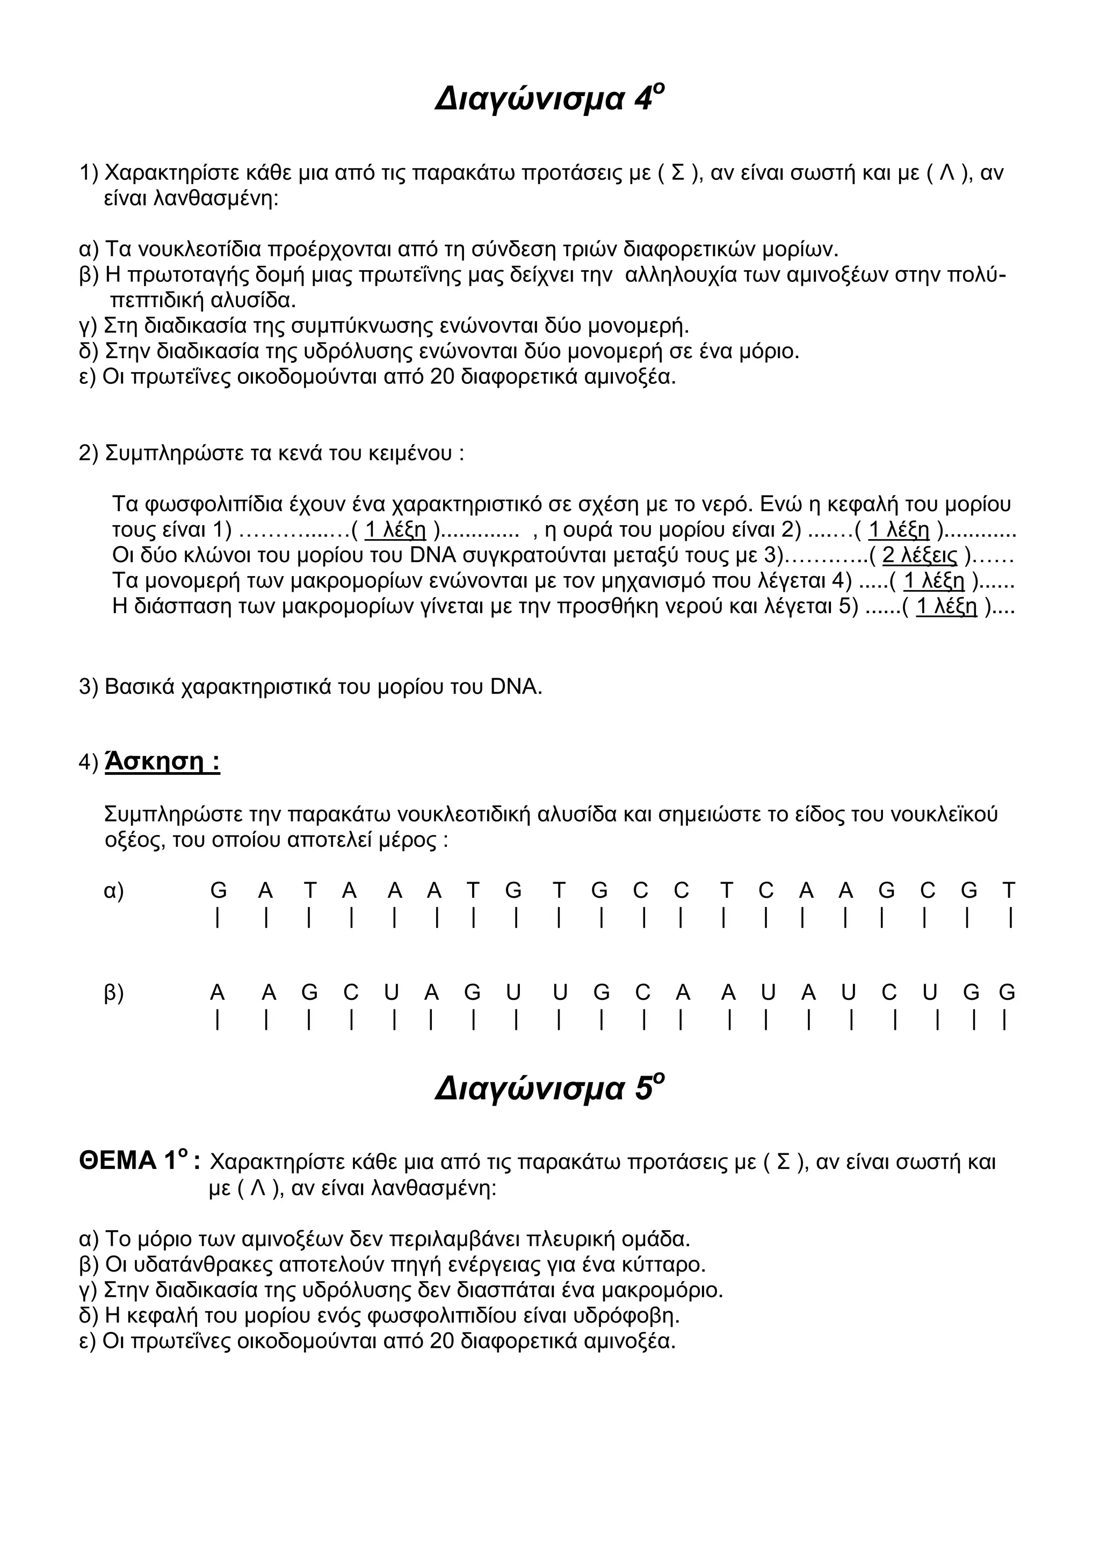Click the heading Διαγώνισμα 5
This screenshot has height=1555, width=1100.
tap(548, 1089)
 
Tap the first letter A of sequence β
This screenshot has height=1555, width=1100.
tap(217, 993)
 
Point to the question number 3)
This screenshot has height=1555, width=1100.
tap(89, 687)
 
